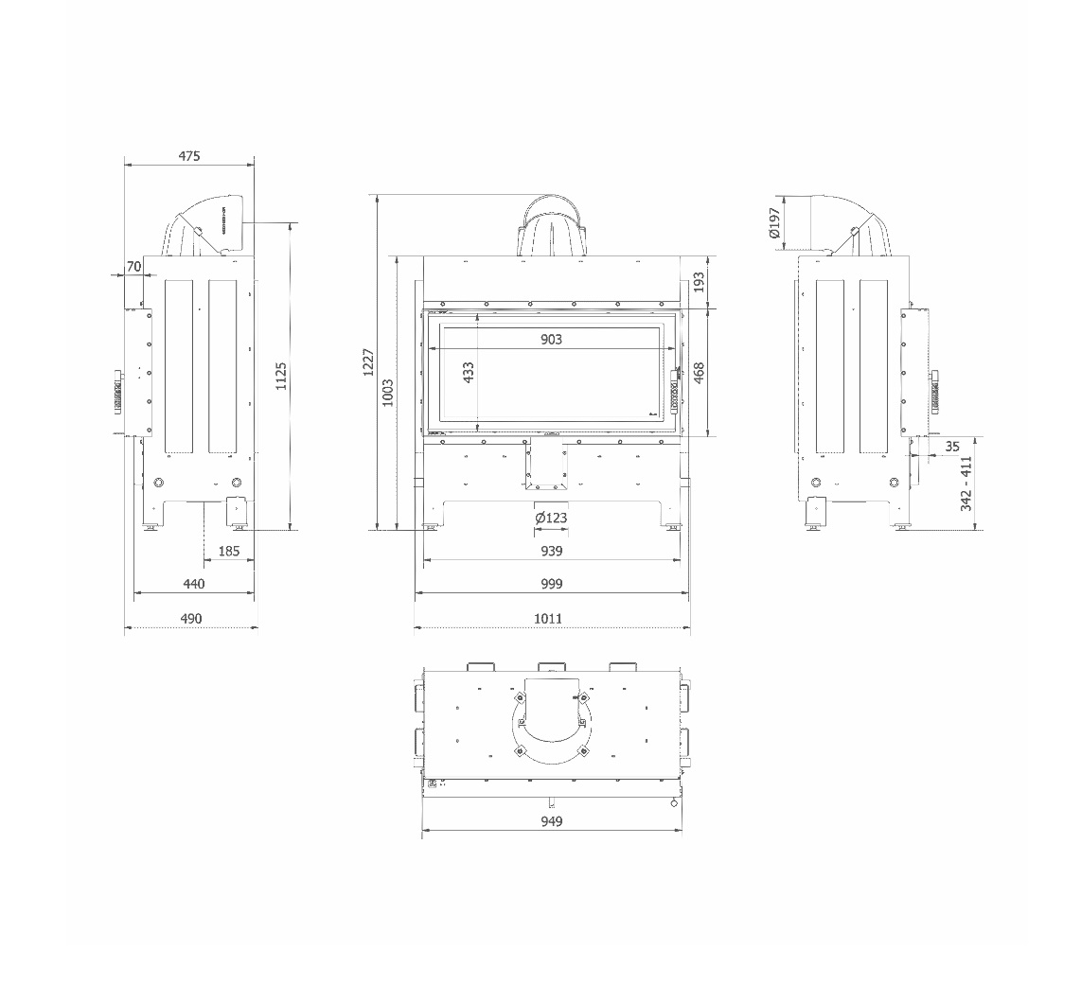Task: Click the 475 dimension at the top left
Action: click(189, 156)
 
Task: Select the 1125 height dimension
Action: click(281, 377)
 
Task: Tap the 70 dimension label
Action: click(133, 266)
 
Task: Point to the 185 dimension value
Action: click(229, 551)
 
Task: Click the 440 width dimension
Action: click(194, 584)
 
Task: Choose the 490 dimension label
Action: click(191, 618)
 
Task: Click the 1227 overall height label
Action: click(369, 362)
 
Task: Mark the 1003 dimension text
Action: click(387, 393)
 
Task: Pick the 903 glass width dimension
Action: click(552, 339)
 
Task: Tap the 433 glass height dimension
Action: click(469, 373)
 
